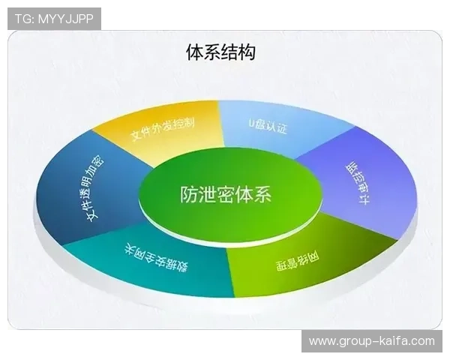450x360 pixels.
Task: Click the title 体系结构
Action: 220,52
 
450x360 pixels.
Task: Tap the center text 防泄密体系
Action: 226,194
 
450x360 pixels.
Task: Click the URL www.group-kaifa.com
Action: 372,341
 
